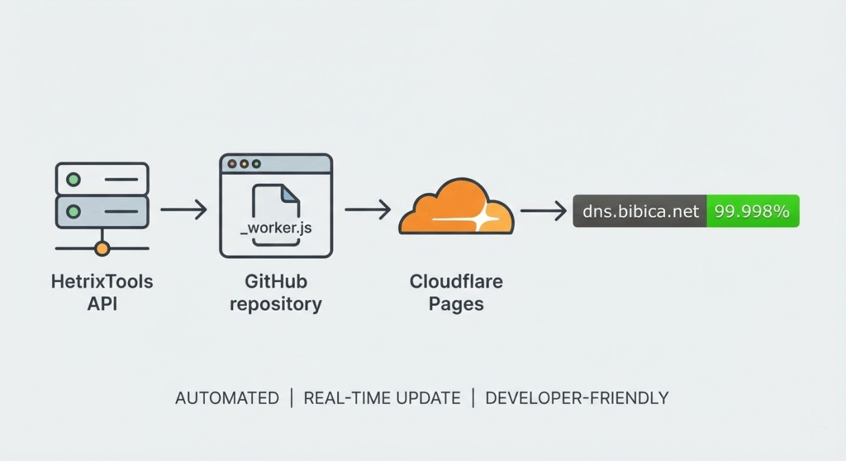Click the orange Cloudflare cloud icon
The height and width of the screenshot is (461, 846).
pyautogui.click(x=455, y=206)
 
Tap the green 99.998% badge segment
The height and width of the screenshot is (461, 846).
pyautogui.click(x=752, y=211)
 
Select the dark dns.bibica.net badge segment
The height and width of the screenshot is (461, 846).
pyautogui.click(x=640, y=211)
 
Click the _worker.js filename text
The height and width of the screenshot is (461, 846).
pyautogui.click(x=276, y=228)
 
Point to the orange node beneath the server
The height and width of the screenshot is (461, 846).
pyautogui.click(x=102, y=248)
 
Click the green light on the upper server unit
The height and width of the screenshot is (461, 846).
pyautogui.click(x=73, y=180)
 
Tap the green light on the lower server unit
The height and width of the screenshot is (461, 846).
pyautogui.click(x=73, y=212)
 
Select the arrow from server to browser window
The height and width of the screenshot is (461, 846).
pyautogui.click(x=184, y=210)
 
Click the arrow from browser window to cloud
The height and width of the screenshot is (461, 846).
pyautogui.click(x=367, y=210)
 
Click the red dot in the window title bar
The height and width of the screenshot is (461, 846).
pyautogui.click(x=232, y=164)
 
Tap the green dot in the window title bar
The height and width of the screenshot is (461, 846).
pyautogui.click(x=257, y=164)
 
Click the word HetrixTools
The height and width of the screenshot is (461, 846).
pyautogui.click(x=102, y=281)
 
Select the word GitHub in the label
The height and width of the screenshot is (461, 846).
pyautogui.click(x=276, y=281)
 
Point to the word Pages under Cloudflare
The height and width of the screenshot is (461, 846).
pyautogui.click(x=456, y=304)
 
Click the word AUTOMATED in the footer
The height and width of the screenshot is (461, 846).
pyautogui.click(x=227, y=398)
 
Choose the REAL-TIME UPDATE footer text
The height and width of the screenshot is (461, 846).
pyautogui.click(x=382, y=398)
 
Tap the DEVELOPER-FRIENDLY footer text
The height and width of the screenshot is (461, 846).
pyautogui.click(x=576, y=398)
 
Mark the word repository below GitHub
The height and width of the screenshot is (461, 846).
pyautogui.click(x=276, y=304)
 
